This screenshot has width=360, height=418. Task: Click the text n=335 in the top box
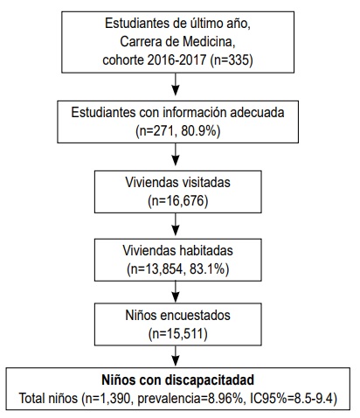click(x=232, y=60)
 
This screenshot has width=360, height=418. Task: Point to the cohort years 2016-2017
click(x=177, y=60)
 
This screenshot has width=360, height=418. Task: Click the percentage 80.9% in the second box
click(x=198, y=131)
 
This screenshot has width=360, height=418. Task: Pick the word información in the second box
click(x=195, y=113)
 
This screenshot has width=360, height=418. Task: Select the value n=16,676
click(x=178, y=201)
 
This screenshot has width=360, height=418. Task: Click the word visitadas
click(x=206, y=183)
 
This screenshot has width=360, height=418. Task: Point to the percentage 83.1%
click(x=207, y=269)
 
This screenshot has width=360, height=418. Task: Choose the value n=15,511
click(x=178, y=334)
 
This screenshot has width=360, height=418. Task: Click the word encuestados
click(x=196, y=316)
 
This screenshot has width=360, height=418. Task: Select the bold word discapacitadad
click(x=210, y=380)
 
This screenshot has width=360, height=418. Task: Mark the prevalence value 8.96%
click(x=225, y=399)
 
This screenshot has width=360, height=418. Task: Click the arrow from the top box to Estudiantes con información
click(x=176, y=84)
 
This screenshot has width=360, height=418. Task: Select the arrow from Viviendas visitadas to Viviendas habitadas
click(x=176, y=224)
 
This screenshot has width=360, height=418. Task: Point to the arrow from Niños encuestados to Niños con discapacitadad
click(x=176, y=356)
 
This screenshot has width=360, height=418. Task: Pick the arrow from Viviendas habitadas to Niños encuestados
click(x=176, y=292)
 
